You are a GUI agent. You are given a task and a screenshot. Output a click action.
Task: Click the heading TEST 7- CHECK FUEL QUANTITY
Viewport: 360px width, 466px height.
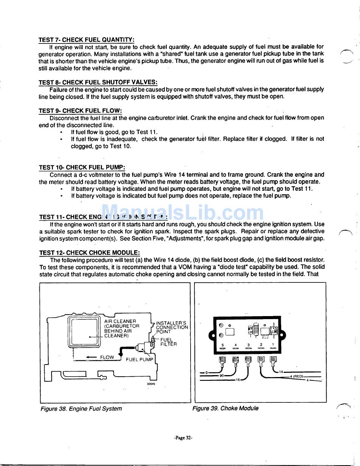(86, 40)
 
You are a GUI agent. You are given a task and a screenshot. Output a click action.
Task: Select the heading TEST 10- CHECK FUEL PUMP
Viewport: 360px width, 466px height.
(82, 167)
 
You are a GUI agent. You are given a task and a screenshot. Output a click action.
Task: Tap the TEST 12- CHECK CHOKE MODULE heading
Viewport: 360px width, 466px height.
(89, 252)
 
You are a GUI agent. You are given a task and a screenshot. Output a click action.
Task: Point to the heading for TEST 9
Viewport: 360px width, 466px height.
(80, 111)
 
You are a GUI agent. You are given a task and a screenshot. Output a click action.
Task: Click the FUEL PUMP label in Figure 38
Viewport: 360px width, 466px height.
(139, 359)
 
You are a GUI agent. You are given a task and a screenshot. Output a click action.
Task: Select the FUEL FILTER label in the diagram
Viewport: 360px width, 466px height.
(168, 342)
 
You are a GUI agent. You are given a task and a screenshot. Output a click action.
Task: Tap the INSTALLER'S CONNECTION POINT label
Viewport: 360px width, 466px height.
(172, 327)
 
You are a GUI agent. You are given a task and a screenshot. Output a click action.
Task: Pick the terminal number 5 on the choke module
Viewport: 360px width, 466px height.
(222, 345)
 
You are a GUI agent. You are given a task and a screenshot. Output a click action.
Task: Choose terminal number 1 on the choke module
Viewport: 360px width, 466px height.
(273, 345)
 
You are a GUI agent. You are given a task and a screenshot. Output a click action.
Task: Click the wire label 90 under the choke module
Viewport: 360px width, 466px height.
(221, 376)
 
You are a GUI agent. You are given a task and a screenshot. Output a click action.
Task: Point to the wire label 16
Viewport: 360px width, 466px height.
(238, 379)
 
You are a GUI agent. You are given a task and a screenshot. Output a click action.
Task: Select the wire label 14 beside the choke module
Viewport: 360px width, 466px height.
(281, 372)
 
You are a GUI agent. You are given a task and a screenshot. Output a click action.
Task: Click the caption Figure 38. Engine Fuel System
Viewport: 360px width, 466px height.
(81, 408)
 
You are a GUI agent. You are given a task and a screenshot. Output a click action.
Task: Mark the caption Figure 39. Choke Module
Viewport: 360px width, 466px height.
(225, 408)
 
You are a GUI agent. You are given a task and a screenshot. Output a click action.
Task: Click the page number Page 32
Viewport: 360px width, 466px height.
(183, 438)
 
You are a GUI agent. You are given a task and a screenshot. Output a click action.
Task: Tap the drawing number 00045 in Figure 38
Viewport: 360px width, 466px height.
(152, 384)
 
